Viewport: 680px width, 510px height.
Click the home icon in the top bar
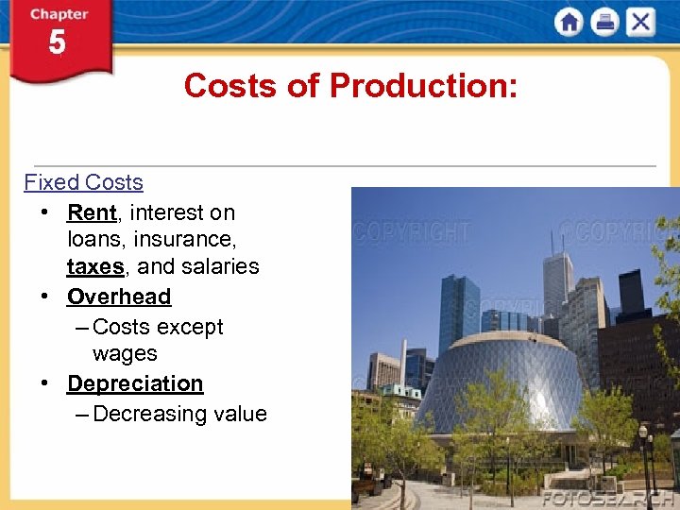(x=569, y=22)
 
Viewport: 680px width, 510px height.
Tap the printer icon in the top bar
(x=604, y=22)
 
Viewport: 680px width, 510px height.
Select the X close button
(x=640, y=22)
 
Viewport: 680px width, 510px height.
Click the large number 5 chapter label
(x=58, y=43)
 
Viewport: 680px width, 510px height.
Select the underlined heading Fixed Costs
(x=83, y=182)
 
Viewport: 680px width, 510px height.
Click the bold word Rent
(x=92, y=212)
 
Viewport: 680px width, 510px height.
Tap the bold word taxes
(x=95, y=266)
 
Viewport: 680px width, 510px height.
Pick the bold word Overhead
(x=119, y=297)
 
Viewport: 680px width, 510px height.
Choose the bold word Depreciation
(x=135, y=383)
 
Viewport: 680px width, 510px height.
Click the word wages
(x=125, y=353)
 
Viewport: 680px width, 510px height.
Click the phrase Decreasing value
(x=180, y=414)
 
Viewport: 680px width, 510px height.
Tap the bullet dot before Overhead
(x=44, y=297)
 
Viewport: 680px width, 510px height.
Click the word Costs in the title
(x=230, y=86)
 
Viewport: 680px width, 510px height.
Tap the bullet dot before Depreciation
(x=44, y=383)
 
